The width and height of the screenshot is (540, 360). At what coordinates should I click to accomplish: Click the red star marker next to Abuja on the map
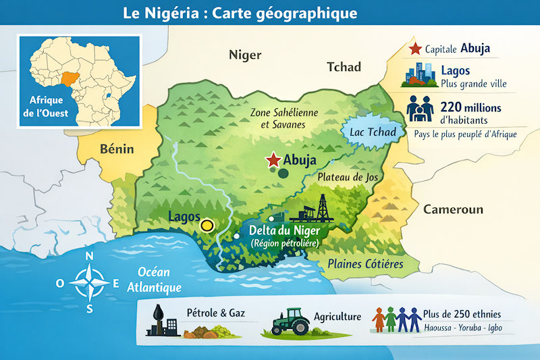tap(273, 160)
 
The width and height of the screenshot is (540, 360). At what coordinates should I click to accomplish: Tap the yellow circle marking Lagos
tap(207, 226)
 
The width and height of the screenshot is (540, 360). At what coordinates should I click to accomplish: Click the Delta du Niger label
tap(283, 231)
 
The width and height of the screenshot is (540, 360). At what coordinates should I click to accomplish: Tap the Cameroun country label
tap(453, 209)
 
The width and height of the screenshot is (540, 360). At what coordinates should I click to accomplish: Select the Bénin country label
tap(117, 149)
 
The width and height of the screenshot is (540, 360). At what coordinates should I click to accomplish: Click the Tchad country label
tap(344, 67)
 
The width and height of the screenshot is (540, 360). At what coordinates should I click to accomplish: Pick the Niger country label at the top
tap(245, 55)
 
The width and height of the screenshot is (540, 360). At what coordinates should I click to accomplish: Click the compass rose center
tap(90, 282)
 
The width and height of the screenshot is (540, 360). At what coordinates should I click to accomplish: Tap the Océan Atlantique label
tap(155, 280)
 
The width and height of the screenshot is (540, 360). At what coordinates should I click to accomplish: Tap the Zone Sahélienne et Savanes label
tap(277, 118)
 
